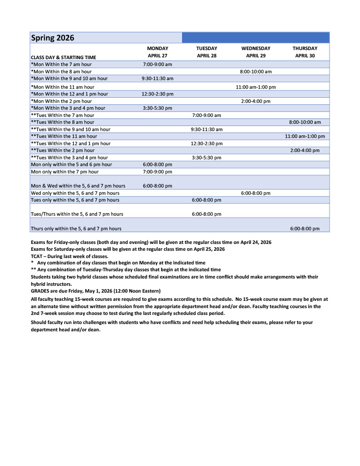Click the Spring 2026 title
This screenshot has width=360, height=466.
point(52,38)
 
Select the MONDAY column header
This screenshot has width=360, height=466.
point(157,48)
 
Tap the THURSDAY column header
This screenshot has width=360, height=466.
point(305,48)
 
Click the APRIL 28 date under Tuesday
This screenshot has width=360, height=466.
point(207,56)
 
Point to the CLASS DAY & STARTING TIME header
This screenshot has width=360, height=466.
point(63,57)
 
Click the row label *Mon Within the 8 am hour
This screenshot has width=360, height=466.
point(61,71)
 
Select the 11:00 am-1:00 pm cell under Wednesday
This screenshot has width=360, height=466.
point(255,87)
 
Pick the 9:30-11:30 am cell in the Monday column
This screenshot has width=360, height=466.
point(157,79)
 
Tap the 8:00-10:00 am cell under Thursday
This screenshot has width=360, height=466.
point(305,122)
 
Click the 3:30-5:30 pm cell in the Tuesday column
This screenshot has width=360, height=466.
point(207,157)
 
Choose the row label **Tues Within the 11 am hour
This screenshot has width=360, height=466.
point(64,136)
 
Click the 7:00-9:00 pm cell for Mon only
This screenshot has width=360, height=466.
point(157,172)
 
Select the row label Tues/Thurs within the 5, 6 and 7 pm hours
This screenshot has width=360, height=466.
point(76,214)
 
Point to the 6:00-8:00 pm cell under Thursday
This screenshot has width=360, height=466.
point(305,228)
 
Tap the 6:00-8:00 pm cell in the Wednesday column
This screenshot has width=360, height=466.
point(255,193)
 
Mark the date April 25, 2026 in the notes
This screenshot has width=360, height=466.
point(208,249)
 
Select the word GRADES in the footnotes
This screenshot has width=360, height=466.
point(41,291)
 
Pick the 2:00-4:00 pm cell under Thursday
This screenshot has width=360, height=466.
point(305,150)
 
